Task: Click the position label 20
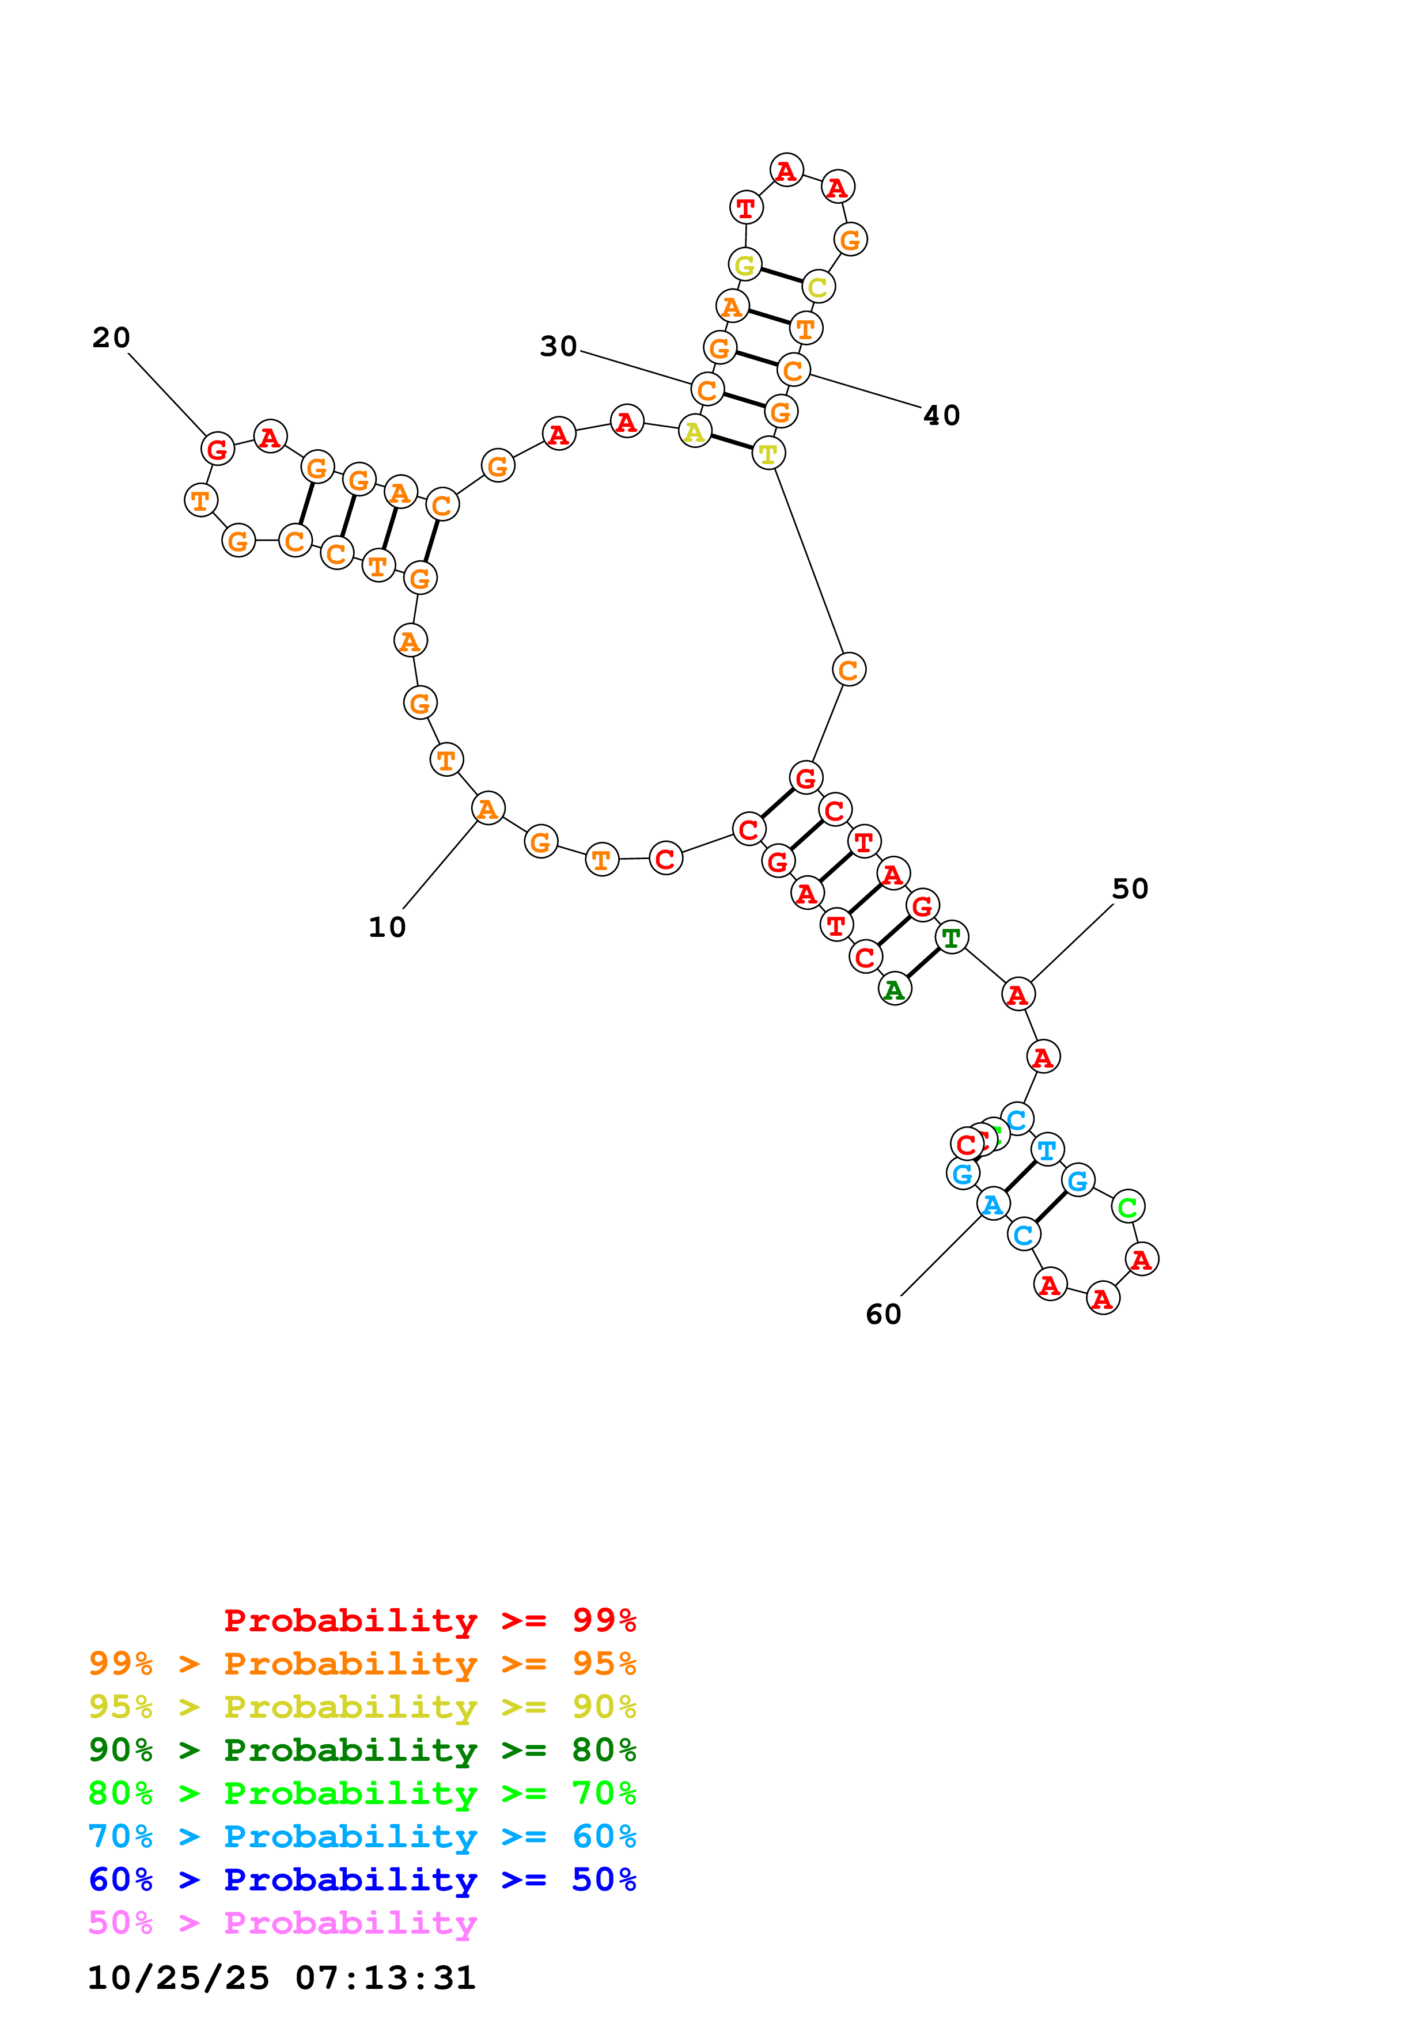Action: coord(111,338)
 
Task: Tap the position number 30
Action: coord(558,347)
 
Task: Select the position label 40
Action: coord(941,415)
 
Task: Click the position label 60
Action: coord(884,1315)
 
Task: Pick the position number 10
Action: coord(387,927)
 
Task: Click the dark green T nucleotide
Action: coord(951,938)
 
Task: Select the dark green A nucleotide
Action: coord(895,990)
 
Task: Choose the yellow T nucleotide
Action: coord(768,454)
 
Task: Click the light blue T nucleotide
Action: coord(1047,1150)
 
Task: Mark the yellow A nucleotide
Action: coord(695,432)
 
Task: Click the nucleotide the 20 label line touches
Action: coord(217,450)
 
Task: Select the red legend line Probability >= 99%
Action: coord(429,1620)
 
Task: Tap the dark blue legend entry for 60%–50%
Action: coord(362,1880)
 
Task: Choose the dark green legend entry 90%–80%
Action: coord(362,1751)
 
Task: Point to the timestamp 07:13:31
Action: coord(385,1978)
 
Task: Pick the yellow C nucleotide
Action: coord(818,287)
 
